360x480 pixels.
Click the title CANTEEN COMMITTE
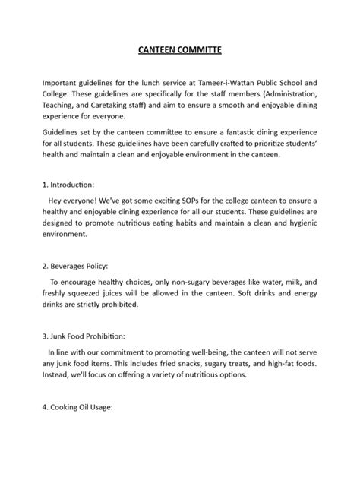[180, 52]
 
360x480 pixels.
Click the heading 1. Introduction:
[68, 185]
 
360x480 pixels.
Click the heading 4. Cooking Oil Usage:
[77, 407]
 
